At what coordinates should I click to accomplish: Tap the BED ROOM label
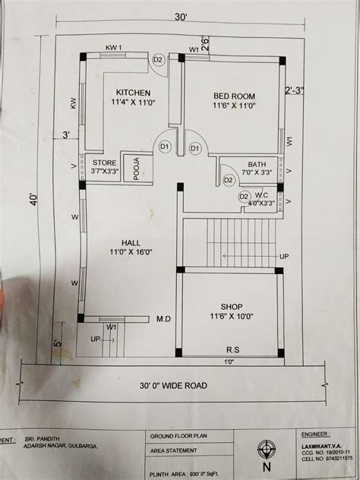pyautogui.click(x=233, y=96)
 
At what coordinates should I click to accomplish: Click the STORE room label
pyautogui.click(x=103, y=163)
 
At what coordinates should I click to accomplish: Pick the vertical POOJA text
pyautogui.click(x=136, y=167)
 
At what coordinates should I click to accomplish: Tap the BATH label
pyautogui.click(x=257, y=163)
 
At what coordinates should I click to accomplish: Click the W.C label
pyautogui.click(x=263, y=194)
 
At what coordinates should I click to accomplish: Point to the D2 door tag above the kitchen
pyautogui.click(x=159, y=60)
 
